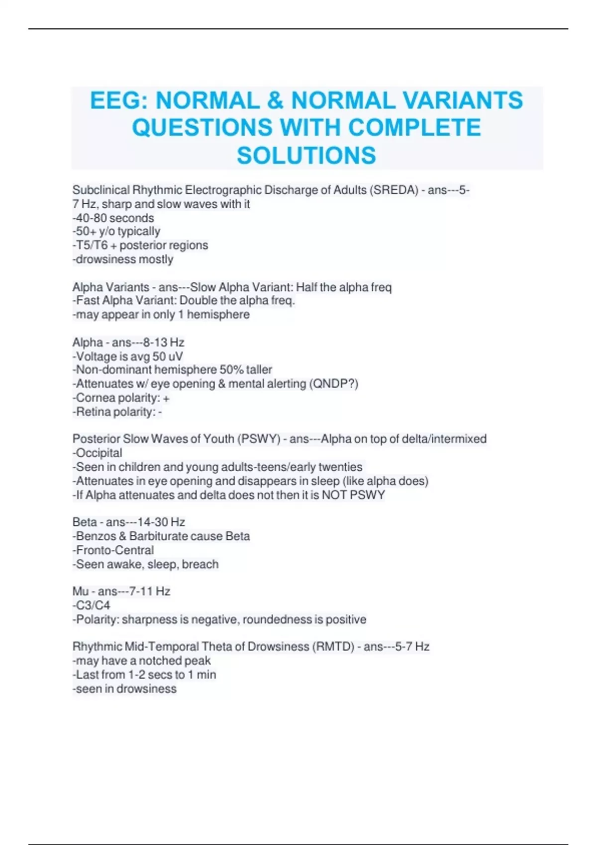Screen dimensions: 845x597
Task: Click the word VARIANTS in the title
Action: click(462, 100)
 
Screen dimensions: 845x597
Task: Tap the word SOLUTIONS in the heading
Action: click(306, 155)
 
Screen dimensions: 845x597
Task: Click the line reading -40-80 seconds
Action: click(113, 218)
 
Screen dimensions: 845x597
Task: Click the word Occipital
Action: click(99, 453)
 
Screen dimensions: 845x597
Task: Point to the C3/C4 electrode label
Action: click(93, 605)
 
